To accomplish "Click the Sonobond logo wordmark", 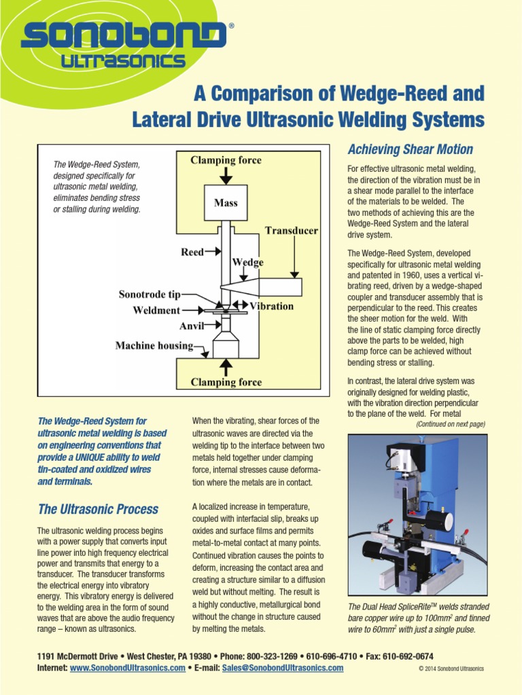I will pos(124,36).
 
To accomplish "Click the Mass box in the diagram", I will pos(226,202).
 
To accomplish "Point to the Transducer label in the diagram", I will pos(291,231).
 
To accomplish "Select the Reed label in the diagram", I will pos(192,252).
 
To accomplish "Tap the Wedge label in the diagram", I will pos(248,262).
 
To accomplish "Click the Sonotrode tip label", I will pos(150,295).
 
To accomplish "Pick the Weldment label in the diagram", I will pos(156,310).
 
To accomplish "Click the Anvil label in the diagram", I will pos(192,326).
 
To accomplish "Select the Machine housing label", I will pos(154,345).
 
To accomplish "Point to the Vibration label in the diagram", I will pos(271,306).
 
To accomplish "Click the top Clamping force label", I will pos(226,160).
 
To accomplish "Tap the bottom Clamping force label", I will pos(226,382).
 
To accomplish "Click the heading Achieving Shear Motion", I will pos(410,149).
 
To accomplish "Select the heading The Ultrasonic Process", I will pos(98,509).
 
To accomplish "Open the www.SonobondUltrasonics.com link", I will pos(127,668).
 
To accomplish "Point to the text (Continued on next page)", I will pos(450,424).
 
